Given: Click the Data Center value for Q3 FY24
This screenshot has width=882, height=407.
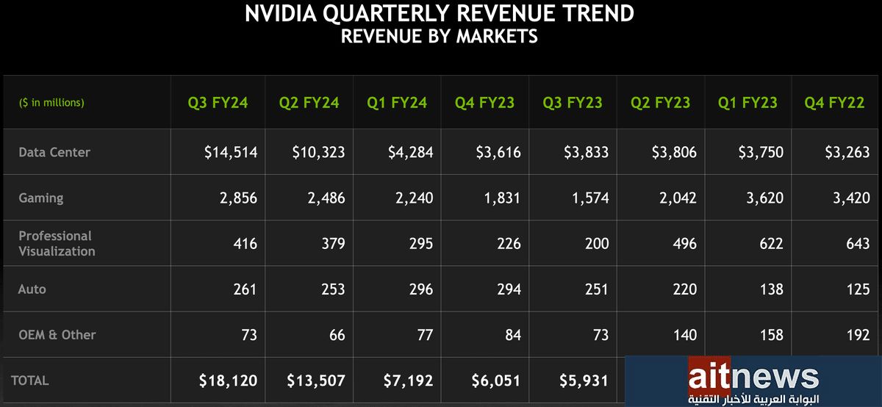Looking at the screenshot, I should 231,152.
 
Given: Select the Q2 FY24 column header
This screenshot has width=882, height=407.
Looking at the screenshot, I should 309,102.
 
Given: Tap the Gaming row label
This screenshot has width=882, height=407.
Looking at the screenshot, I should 41,198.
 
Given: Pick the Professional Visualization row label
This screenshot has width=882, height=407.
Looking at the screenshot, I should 57,243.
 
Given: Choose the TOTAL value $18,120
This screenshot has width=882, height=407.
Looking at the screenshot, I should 228,381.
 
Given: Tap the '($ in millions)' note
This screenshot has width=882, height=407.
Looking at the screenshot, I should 51,103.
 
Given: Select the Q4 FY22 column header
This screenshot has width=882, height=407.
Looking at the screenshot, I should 836,102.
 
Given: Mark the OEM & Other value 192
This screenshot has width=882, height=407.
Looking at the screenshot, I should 857,335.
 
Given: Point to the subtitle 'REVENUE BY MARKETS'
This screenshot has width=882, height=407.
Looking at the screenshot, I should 440,36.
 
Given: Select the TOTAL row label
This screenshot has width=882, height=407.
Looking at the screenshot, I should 30,381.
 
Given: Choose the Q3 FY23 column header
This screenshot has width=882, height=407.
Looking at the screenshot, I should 573,102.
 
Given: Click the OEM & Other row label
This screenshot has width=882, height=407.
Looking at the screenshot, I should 57,335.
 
